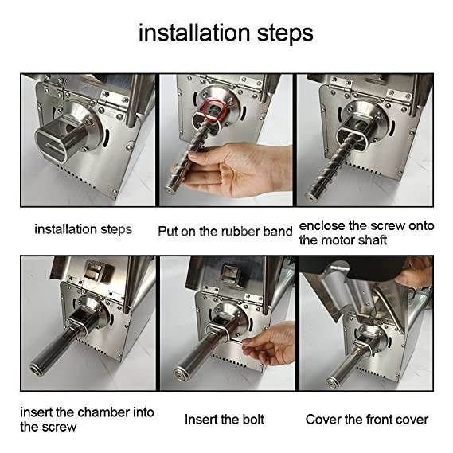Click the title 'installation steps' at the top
(x=226, y=33)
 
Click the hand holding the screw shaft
(x=234, y=170)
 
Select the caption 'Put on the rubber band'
(x=225, y=232)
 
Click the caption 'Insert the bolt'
(x=225, y=420)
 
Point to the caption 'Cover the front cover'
(x=366, y=420)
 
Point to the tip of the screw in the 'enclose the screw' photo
(x=310, y=197)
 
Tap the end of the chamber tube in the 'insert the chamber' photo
(x=37, y=369)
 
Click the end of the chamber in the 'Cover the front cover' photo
(x=331, y=383)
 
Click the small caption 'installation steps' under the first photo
(x=84, y=229)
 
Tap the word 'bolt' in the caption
(x=253, y=420)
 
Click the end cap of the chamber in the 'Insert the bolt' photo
(x=181, y=374)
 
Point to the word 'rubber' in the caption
(x=240, y=232)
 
